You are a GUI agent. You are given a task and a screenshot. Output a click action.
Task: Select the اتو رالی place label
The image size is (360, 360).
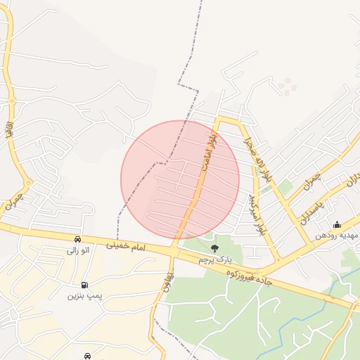click(x=78, y=250)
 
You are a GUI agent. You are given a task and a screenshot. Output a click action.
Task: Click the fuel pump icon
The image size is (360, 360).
click(x=85, y=285)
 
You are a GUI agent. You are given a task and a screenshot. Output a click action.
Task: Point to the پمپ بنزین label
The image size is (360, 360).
click(x=85, y=296)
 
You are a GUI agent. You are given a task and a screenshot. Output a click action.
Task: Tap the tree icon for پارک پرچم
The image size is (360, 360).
click(x=214, y=248)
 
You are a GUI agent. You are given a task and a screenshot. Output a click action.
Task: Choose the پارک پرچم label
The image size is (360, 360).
click(x=214, y=259)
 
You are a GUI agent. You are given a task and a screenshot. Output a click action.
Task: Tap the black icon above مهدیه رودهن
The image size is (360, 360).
click(x=337, y=225)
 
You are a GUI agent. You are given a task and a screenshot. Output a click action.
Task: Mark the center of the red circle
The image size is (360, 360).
click(x=180, y=179)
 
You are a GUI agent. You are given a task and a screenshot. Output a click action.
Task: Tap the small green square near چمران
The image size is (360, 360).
click(x=285, y=187)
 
